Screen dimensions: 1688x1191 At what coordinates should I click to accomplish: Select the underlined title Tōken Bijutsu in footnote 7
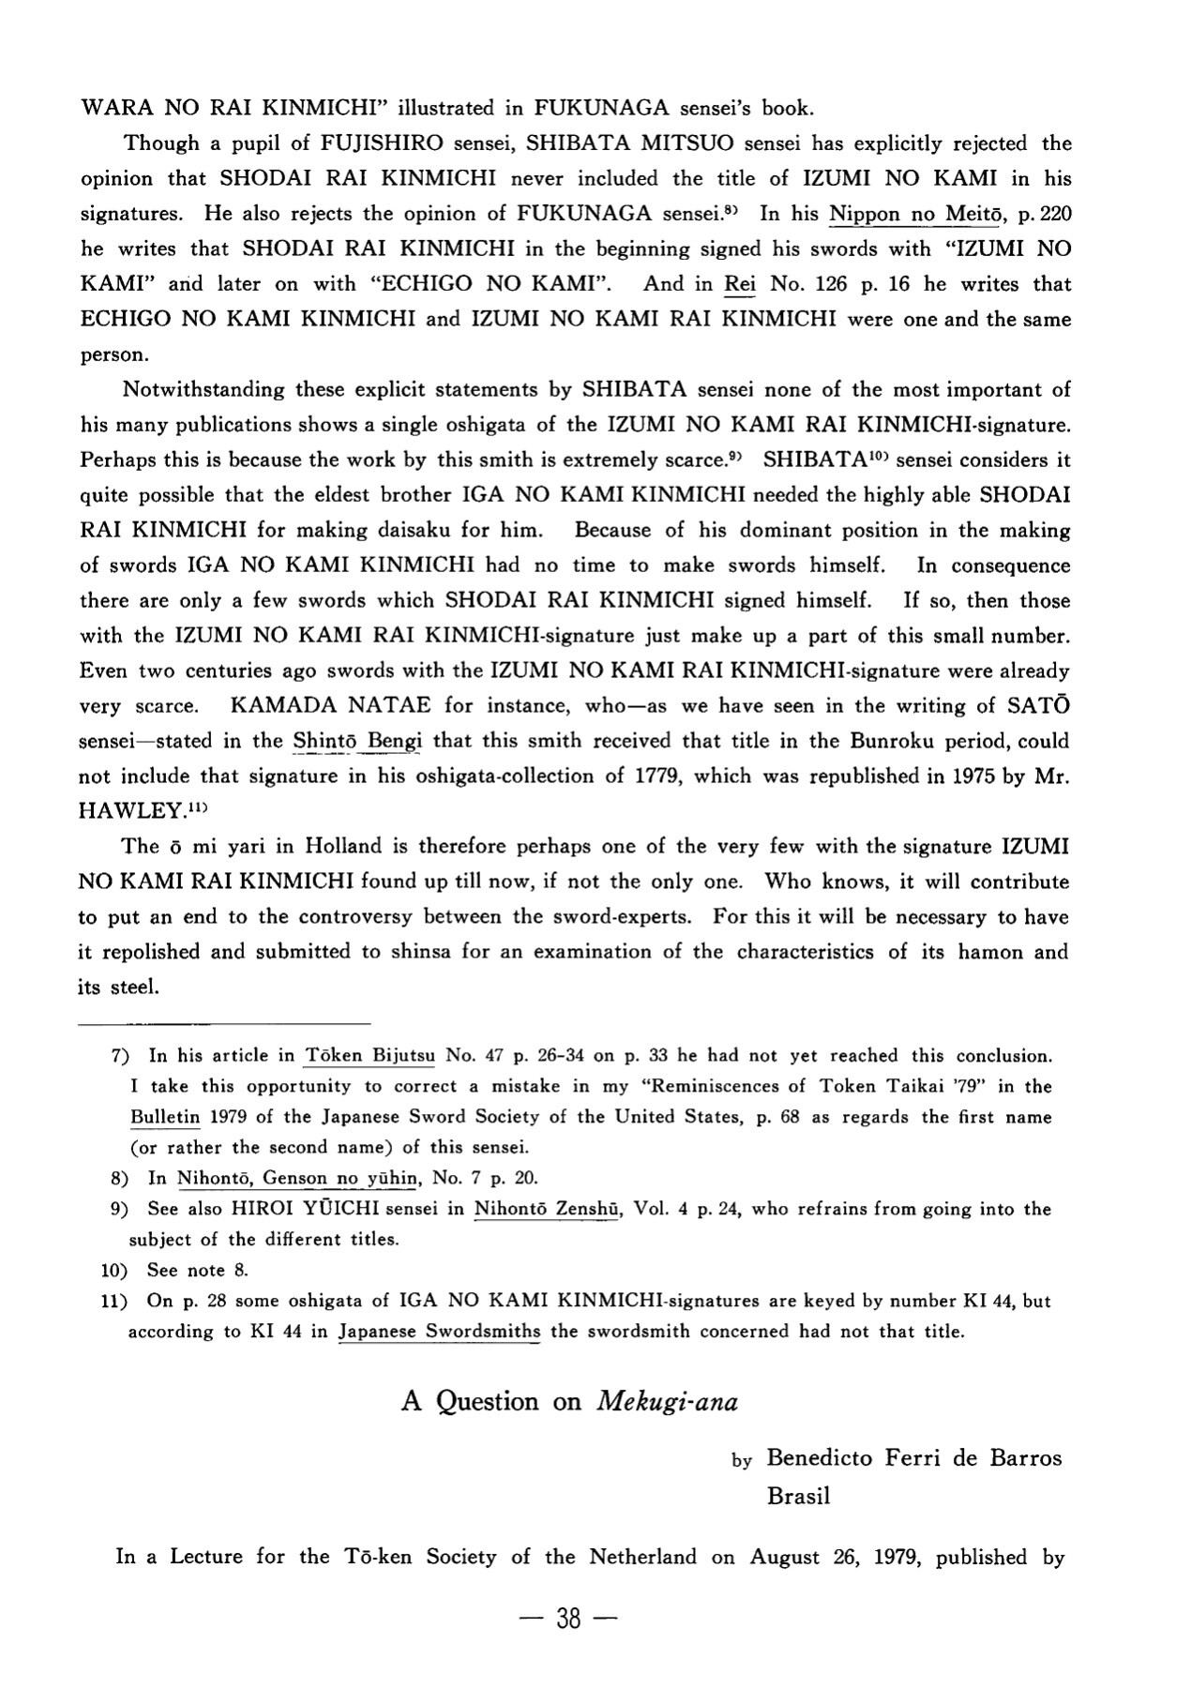(x=369, y=1056)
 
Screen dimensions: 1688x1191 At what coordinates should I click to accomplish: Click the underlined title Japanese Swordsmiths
(x=439, y=1332)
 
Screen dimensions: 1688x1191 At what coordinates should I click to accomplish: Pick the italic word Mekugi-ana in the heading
(x=667, y=1402)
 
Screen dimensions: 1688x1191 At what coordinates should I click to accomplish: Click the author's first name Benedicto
(x=821, y=1458)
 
